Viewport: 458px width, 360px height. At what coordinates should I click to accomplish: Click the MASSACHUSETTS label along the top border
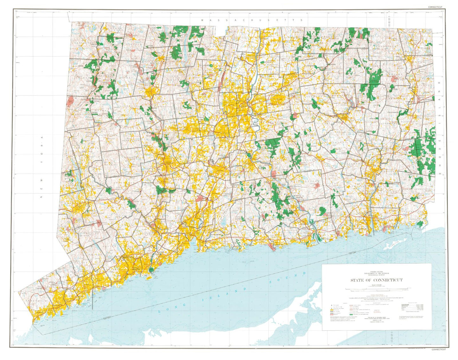(252, 20)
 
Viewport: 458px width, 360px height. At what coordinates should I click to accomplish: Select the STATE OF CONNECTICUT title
(377, 280)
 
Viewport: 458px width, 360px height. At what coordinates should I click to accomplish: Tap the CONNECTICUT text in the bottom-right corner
(438, 349)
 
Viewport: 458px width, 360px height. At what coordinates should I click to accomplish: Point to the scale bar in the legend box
(377, 289)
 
